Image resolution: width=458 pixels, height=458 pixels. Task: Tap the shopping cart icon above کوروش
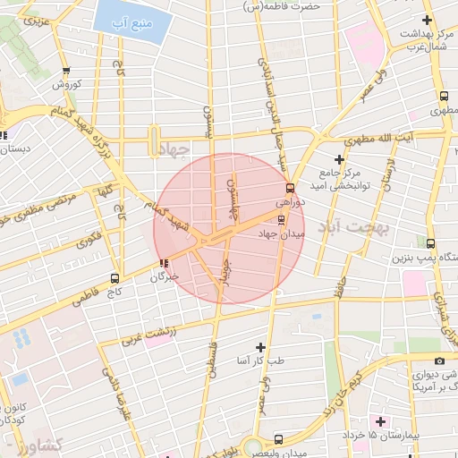66,72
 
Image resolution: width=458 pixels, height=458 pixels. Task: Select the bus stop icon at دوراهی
289,188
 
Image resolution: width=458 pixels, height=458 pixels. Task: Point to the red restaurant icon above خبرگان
163,263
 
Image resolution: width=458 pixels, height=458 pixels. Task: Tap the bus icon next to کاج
114,278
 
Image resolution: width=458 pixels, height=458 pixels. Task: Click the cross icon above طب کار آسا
260,346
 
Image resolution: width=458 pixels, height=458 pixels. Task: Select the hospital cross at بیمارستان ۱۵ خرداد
380,420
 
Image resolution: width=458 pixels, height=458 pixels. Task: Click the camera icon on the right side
439,360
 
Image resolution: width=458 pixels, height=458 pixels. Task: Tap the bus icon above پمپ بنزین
430,243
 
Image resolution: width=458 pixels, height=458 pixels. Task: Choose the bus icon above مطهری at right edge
444,98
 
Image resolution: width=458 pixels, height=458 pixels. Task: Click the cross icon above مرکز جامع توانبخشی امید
338,158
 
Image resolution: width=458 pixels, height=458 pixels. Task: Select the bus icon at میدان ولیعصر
278,439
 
